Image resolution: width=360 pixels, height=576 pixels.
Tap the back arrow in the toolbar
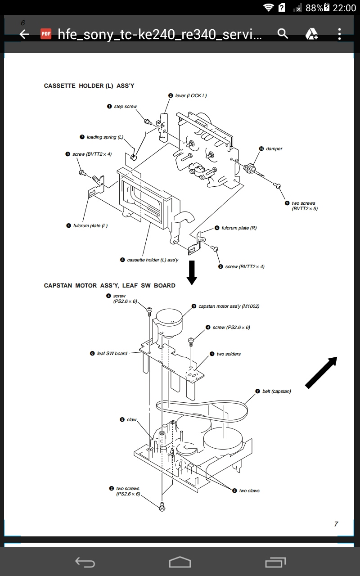point(24,34)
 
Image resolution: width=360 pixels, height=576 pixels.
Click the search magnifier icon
point(283,34)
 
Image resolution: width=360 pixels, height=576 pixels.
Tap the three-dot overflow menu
point(339,34)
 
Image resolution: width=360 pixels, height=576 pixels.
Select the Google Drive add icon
point(312,34)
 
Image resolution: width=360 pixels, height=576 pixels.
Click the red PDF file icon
point(46,34)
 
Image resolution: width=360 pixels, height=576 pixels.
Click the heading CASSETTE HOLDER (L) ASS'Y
point(89,85)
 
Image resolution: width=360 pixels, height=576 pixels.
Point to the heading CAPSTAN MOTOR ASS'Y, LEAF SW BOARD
point(109,285)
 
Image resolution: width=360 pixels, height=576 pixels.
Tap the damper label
point(274,149)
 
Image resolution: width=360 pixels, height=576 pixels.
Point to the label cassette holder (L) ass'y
point(153,260)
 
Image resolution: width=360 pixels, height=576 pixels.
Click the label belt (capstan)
point(276,391)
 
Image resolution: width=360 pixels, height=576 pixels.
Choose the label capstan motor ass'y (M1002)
point(229,306)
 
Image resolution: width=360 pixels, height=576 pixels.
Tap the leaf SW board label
point(112,353)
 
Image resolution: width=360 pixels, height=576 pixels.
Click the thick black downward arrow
point(192,272)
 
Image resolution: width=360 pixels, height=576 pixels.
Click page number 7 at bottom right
point(336,524)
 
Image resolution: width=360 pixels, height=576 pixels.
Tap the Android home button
point(180,562)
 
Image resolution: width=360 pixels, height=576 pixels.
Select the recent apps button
point(275,562)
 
